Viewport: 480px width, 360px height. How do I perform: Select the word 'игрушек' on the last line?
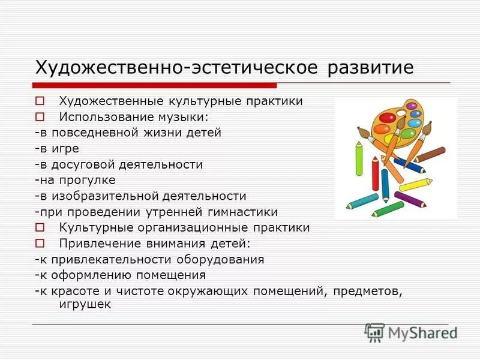coord(85,304)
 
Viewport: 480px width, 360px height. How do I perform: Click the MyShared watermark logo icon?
coord(374,332)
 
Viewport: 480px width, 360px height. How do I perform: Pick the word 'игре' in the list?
coord(65,148)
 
